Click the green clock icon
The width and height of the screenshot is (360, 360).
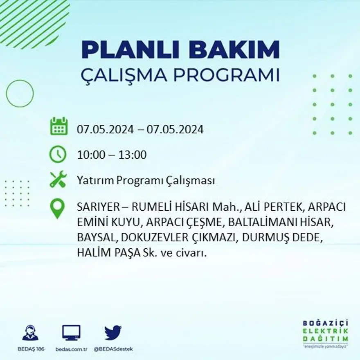coord(58,154)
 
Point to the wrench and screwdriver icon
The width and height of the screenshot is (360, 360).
coord(58,180)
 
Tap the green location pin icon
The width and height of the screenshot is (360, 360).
coord(58,208)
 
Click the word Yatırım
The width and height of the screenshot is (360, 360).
coord(93,181)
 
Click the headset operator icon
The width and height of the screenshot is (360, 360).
coord(30,333)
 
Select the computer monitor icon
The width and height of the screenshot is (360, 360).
coord(71,333)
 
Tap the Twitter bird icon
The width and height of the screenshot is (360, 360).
coord(113,333)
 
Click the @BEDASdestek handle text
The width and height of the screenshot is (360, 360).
coord(113,349)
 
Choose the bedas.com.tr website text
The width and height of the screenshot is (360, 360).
coord(71,349)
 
